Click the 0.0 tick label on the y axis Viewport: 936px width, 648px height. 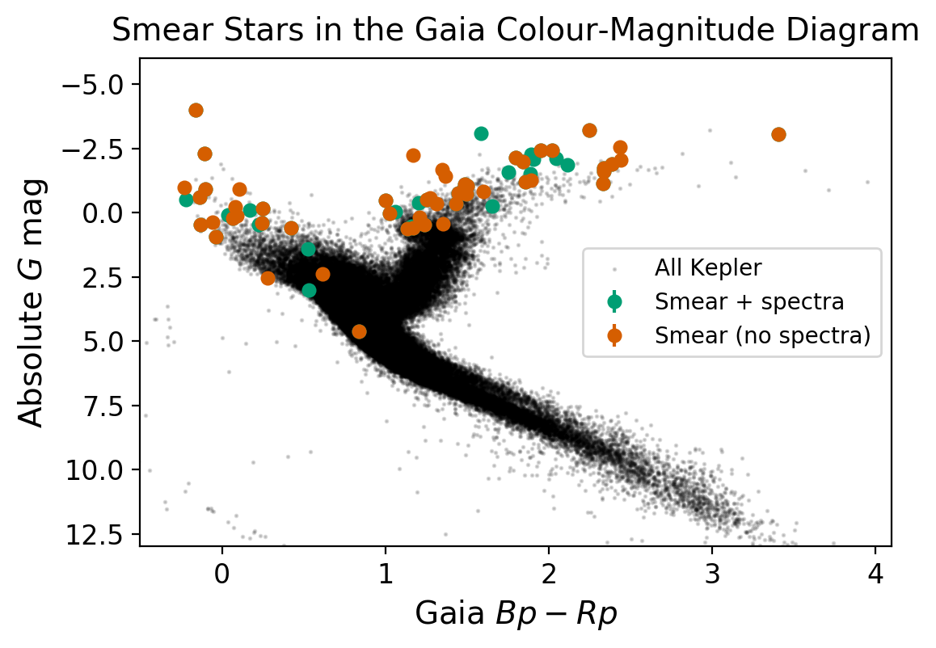[104, 213]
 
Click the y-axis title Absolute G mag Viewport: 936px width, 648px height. [32, 301]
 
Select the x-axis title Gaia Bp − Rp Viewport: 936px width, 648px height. [516, 615]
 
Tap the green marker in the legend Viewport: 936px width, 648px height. [614, 301]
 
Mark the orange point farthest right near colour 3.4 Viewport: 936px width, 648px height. [778, 134]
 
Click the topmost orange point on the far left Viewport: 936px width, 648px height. [196, 110]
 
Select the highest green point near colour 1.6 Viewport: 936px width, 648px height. [481, 133]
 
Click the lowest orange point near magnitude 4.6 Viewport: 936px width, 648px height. [359, 331]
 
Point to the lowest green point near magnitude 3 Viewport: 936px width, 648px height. [309, 290]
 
